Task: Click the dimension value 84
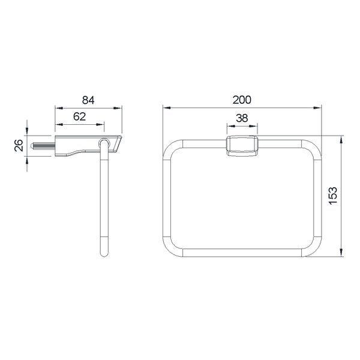[88, 100]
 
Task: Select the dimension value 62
[79, 116]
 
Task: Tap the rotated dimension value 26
[19, 145]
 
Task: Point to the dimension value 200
[242, 100]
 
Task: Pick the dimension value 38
[242, 118]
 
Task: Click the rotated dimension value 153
[333, 196]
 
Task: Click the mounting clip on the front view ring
[242, 146]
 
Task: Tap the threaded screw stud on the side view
[43, 146]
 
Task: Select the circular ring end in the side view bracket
[104, 143]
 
